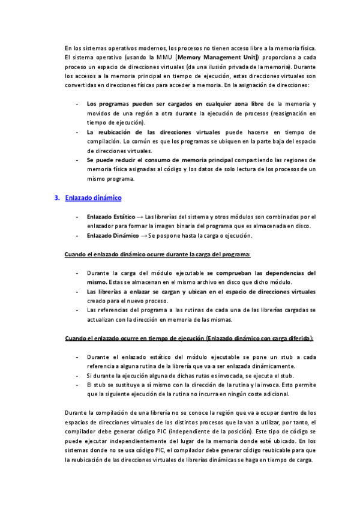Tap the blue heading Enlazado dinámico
point(94,197)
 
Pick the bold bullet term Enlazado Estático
point(111,216)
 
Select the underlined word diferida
point(296,338)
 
